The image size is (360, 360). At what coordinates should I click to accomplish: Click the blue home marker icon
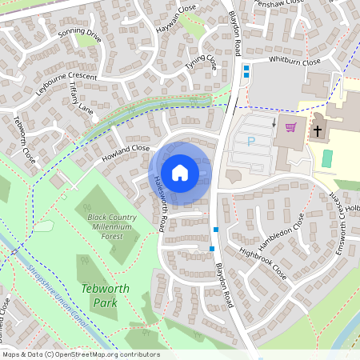pyautogui.click(x=180, y=172)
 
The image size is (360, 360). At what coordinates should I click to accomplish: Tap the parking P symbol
pyautogui.click(x=251, y=141)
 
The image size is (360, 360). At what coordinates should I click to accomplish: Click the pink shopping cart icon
pyautogui.click(x=290, y=126)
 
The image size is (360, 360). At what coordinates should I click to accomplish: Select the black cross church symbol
pyautogui.click(x=317, y=130)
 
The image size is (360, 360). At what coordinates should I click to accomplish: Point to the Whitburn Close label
pyautogui.click(x=294, y=61)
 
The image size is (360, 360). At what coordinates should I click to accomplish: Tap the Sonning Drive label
pyautogui.click(x=80, y=35)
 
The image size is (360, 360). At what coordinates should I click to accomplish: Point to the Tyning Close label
pyautogui.click(x=201, y=63)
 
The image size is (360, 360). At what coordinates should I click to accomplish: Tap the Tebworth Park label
pyautogui.click(x=99, y=295)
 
